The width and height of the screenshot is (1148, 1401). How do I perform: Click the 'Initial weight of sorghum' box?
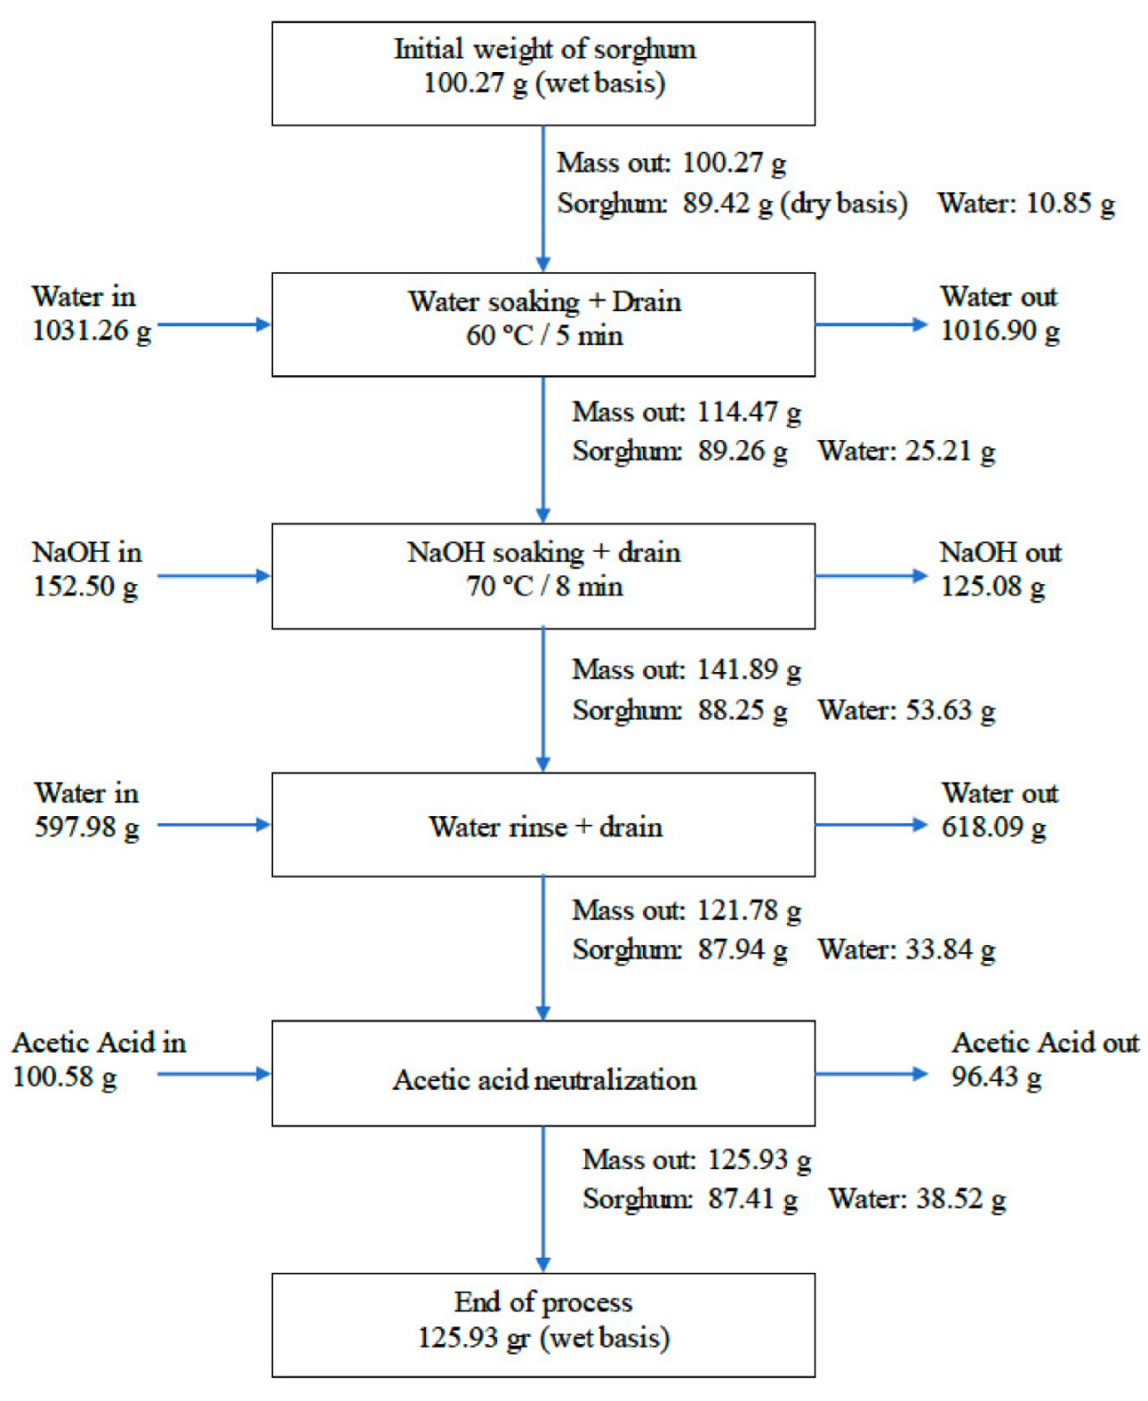543,73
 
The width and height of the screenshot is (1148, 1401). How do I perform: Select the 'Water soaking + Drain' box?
543,324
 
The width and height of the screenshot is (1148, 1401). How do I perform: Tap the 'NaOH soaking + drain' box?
543,575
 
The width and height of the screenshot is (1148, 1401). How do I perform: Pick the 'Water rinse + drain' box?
543,825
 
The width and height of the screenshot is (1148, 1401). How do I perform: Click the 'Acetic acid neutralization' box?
543,1073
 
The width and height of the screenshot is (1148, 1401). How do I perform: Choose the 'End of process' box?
543,1325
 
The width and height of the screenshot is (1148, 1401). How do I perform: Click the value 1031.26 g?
92,331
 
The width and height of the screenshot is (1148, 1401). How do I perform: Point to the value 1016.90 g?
999,331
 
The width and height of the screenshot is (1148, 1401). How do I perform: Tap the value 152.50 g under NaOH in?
85,587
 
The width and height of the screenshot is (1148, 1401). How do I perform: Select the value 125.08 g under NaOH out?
992,587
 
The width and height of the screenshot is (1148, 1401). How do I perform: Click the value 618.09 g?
993,828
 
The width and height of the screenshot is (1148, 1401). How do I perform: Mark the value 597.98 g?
86,828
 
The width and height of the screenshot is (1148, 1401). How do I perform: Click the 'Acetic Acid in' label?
99,1042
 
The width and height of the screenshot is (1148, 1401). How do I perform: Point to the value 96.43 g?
996,1077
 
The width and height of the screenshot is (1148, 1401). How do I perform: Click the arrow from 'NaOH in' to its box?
213,576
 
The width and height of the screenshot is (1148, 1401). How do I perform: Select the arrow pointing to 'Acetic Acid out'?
871,1074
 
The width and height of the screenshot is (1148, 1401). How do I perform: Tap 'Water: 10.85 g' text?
1025,204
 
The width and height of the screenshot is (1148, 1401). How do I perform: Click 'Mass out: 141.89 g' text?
686,669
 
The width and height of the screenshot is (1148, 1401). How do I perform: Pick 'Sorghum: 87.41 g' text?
690,1199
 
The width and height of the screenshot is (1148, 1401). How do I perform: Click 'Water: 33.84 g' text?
906,949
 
